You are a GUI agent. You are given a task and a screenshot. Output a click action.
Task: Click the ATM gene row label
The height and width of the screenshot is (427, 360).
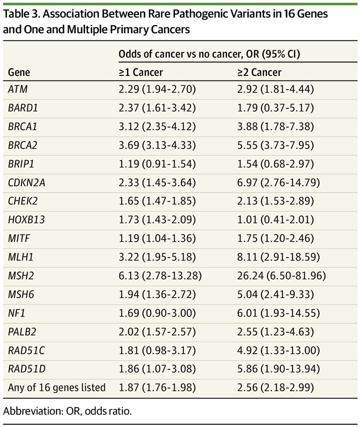[18, 89]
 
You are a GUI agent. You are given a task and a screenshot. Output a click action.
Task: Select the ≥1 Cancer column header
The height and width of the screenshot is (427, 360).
[141, 72]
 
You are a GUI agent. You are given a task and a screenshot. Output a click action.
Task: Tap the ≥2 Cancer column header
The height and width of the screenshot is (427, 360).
[260, 72]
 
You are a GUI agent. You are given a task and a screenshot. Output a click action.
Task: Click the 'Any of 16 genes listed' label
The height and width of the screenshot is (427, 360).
[57, 387]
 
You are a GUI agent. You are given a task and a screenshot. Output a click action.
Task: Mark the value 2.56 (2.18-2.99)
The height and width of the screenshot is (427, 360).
[276, 387]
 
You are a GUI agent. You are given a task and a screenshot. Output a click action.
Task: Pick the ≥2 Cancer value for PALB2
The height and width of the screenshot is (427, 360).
[276, 332]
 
